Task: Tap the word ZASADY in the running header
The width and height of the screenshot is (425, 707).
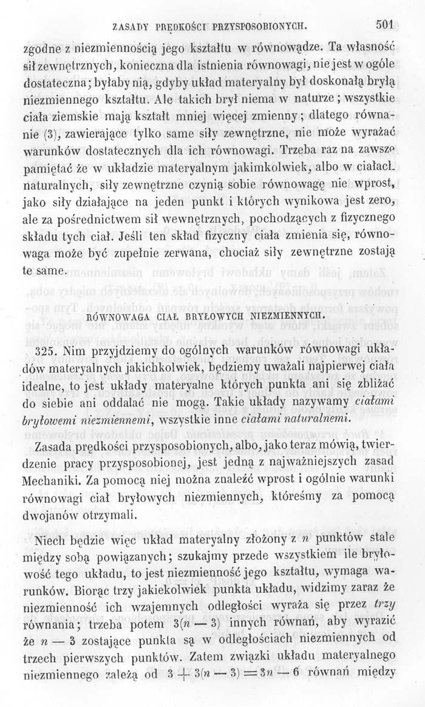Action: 131,27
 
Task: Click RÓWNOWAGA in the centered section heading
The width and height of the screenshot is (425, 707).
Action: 114,316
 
